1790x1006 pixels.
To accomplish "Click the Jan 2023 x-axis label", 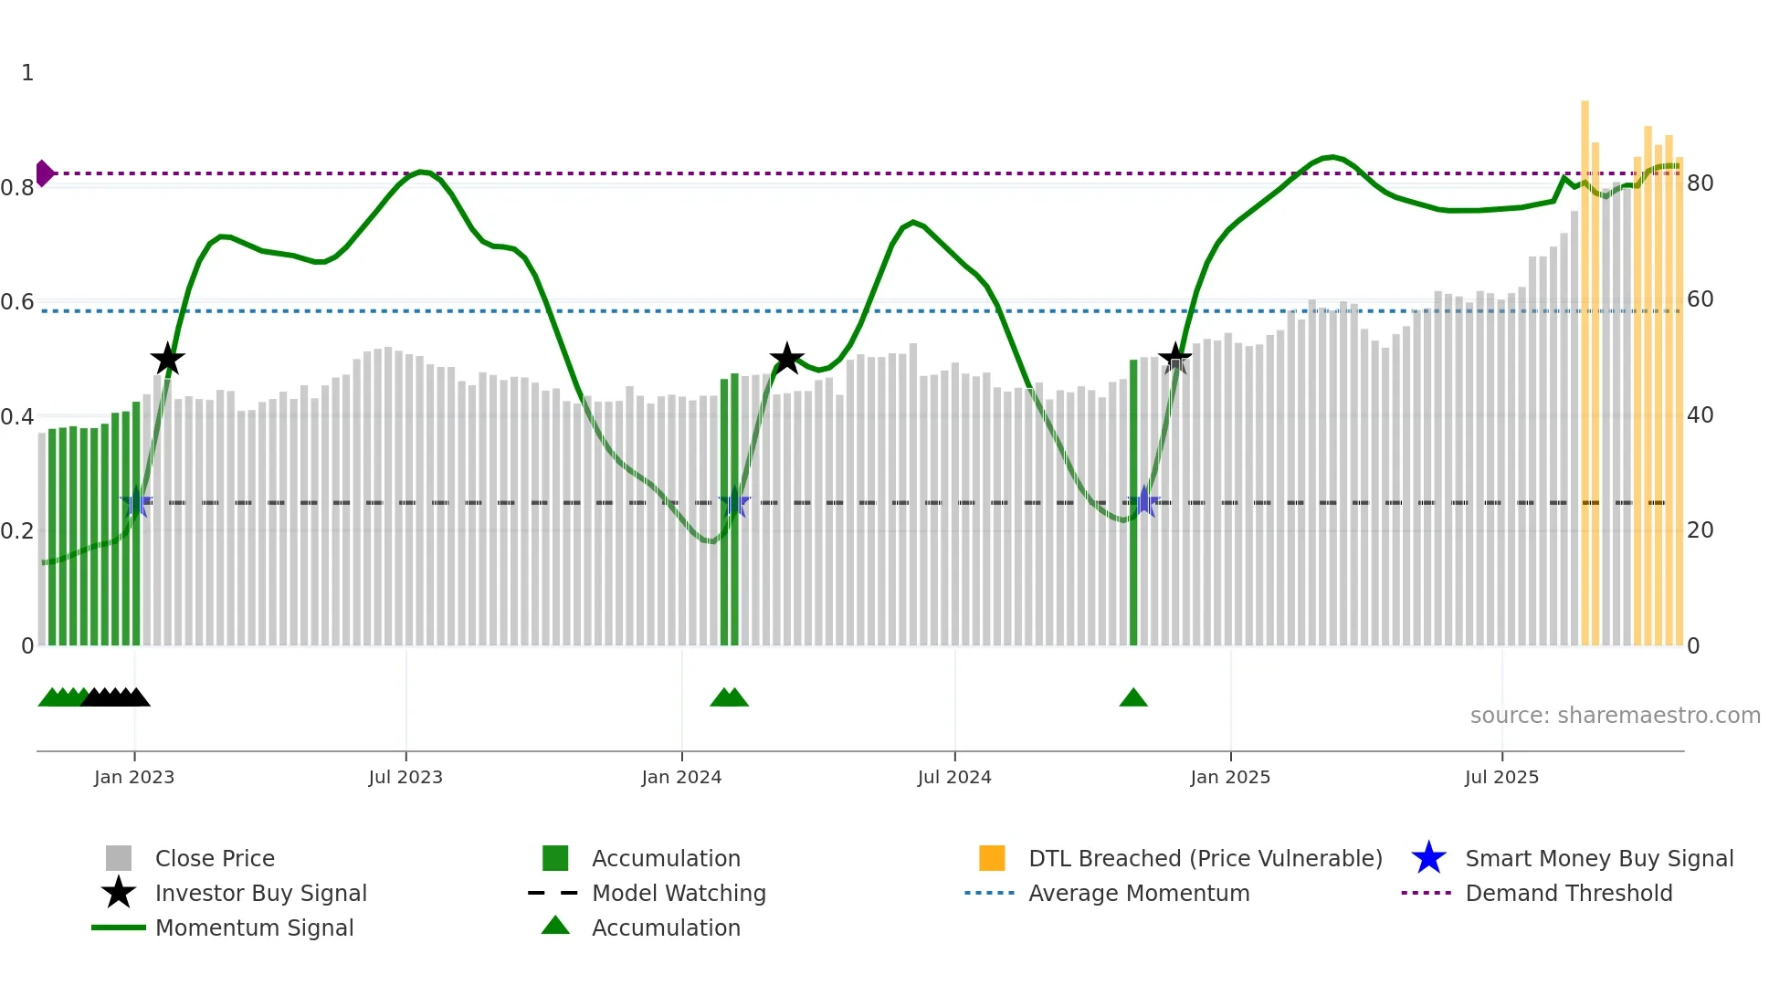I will tap(133, 777).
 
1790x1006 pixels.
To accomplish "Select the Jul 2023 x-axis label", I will tap(405, 777).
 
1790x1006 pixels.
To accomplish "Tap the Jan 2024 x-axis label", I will tap(681, 777).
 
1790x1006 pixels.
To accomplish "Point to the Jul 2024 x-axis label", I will tap(954, 777).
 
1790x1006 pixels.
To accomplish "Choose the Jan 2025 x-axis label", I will tap(1230, 777).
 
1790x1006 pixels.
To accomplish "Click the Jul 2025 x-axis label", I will tap(1501, 777).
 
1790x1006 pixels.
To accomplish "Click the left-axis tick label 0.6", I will tap(17, 302).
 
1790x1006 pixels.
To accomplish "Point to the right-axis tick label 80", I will tap(1700, 183).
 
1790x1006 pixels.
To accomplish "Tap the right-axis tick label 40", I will tap(1700, 415).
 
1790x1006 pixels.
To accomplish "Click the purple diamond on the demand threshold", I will tap(44, 173).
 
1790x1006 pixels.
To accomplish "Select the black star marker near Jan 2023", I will tap(167, 360).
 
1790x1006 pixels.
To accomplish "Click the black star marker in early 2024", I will tap(786, 359).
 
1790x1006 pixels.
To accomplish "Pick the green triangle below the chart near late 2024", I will tap(1132, 698).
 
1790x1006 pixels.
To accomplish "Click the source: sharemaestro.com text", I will tap(1615, 716).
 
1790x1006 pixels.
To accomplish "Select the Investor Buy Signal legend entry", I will tap(260, 893).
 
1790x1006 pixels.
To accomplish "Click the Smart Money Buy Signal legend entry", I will tap(1598, 858).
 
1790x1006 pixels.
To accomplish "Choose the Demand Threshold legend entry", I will tap(1568, 893).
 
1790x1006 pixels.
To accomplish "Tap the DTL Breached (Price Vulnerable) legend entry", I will tap(1205, 858).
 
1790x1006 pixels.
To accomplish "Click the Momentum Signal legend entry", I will tap(254, 927).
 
